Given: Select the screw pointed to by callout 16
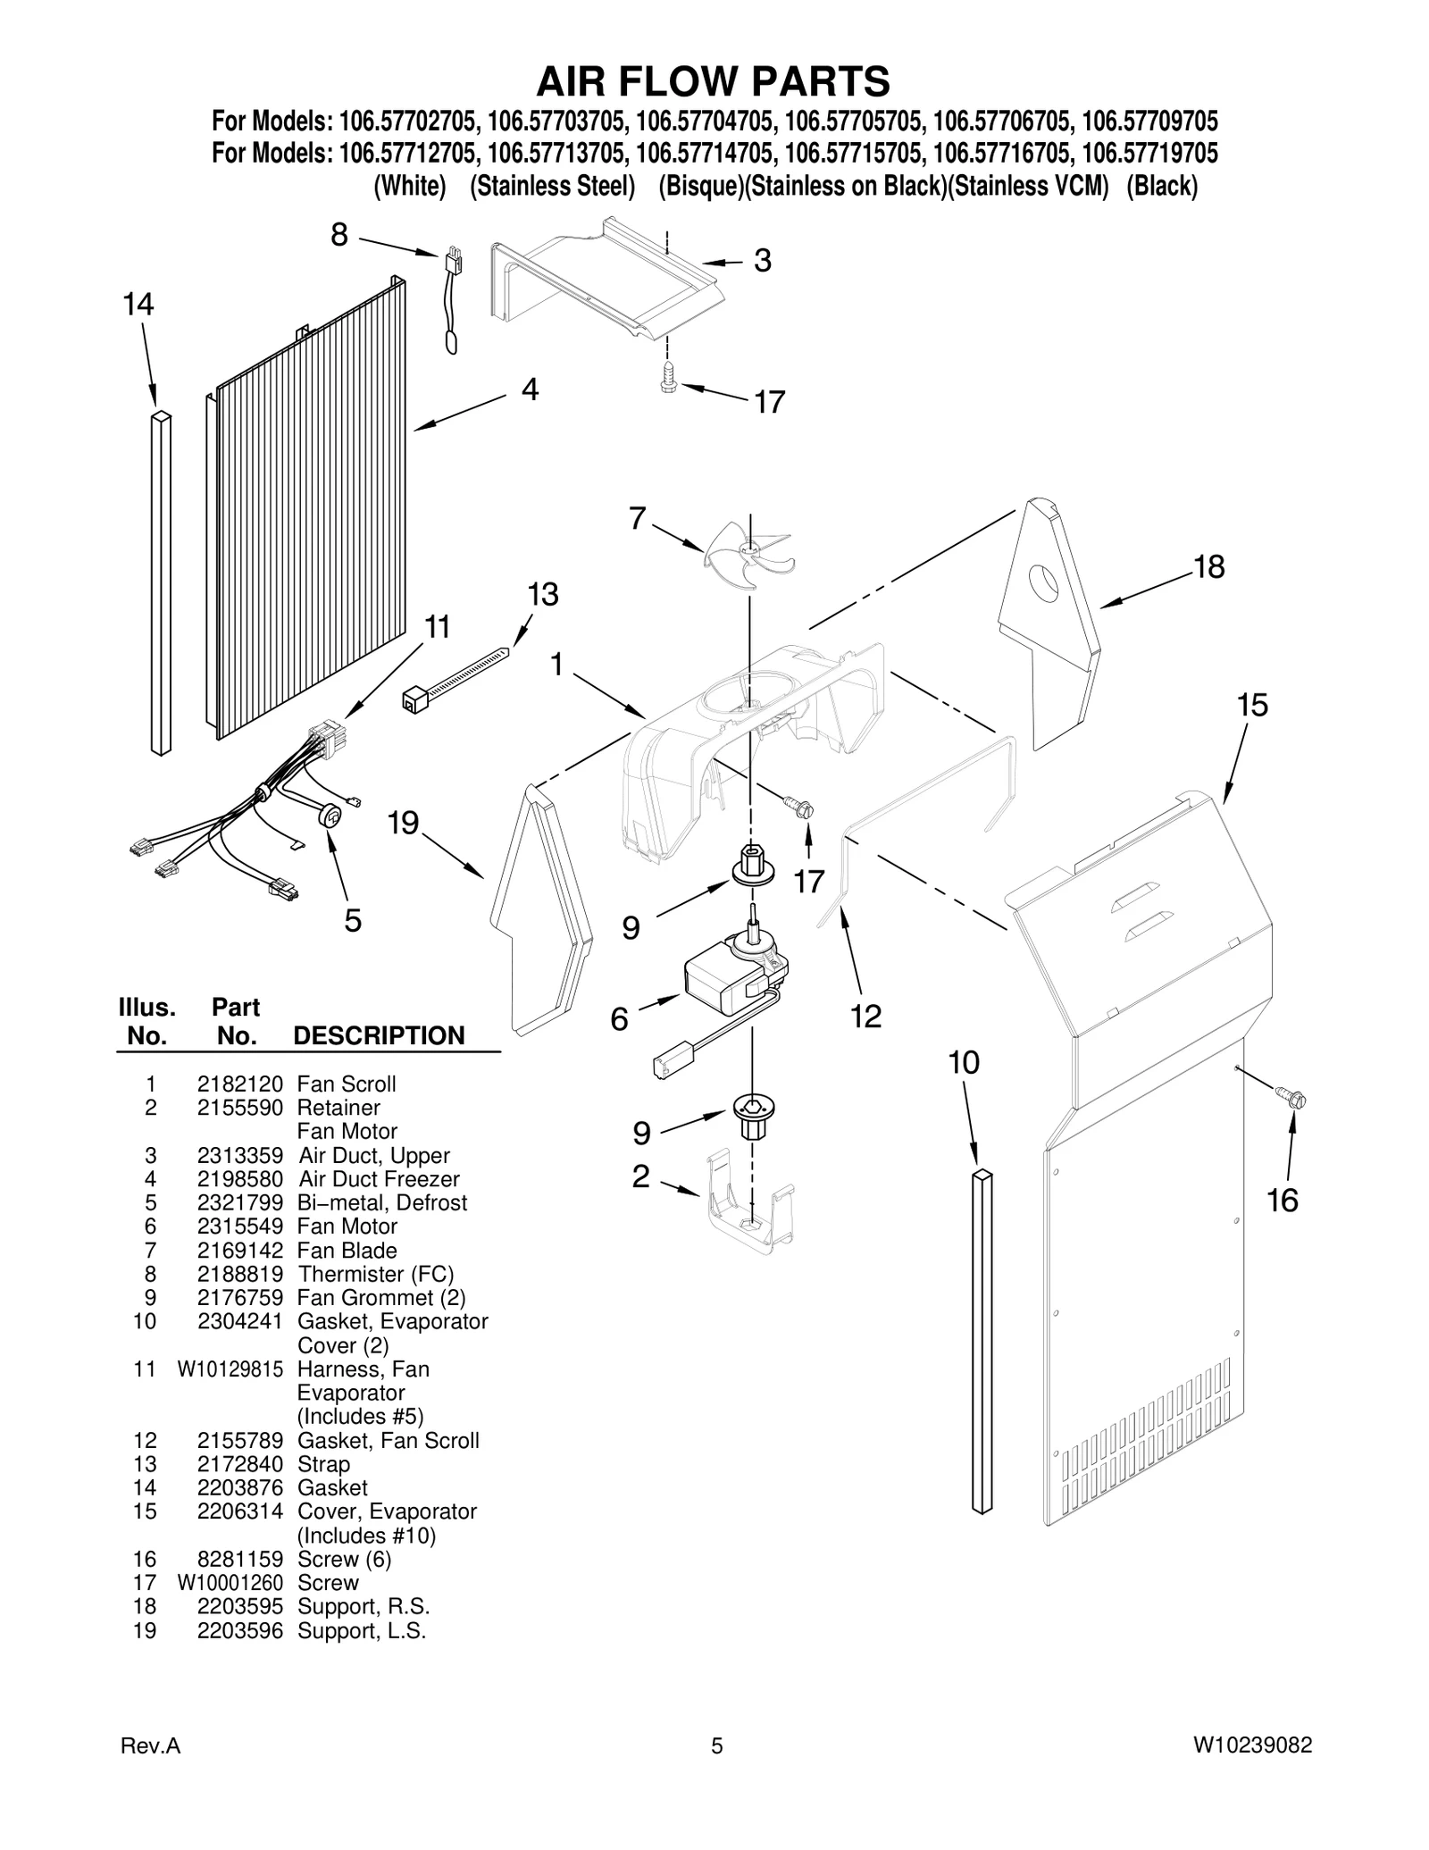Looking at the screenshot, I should coord(1291,1095).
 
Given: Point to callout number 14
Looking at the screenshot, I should coord(138,305).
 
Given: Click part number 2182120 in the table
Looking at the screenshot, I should coord(239,1084).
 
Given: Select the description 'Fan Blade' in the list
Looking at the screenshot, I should coord(347,1251).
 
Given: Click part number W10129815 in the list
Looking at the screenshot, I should coord(230,1369).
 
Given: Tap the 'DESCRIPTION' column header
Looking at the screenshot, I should coord(379,1035).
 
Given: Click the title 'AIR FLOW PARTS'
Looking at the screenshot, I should coord(713,81).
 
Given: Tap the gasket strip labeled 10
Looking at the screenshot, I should coord(982,1340).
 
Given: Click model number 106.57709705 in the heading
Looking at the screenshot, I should coord(1149,121).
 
